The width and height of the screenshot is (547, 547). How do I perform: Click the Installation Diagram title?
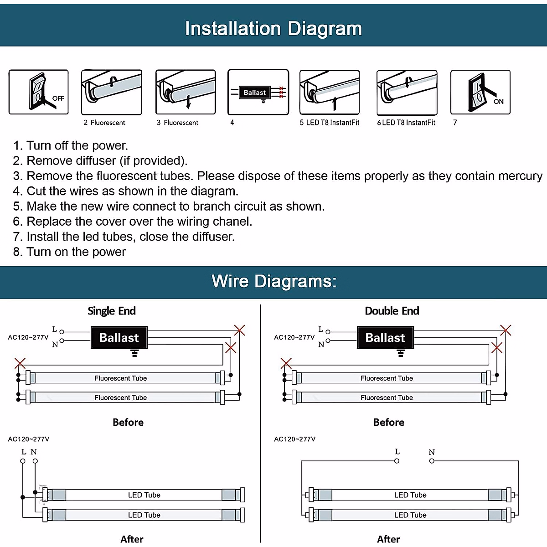coord(273,29)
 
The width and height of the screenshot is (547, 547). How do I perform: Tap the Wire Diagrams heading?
coord(274,281)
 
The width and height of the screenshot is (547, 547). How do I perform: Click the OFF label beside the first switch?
coord(58,98)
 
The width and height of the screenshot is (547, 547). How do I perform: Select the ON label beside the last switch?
coord(499,102)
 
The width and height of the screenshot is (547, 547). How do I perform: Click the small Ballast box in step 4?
coord(254,93)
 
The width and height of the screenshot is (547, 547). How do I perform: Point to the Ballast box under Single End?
coord(119,338)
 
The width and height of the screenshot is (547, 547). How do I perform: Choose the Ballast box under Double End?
coord(385,338)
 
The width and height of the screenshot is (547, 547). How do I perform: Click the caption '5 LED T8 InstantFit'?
coord(330,123)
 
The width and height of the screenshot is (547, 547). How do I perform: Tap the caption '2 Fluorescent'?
coord(104,123)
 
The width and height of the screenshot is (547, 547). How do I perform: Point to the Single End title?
coord(112,311)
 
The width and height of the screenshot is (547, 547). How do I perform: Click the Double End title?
coord(392,311)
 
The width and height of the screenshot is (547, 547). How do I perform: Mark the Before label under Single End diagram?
coord(128,423)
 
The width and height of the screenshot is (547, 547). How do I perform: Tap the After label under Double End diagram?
coord(388,539)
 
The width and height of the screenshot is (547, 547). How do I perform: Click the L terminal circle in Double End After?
coord(397,461)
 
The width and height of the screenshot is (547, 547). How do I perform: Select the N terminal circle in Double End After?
coord(432,461)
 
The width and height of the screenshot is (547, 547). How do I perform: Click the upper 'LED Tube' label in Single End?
coord(144,495)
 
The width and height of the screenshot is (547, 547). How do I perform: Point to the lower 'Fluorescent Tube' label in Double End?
coord(387,397)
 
